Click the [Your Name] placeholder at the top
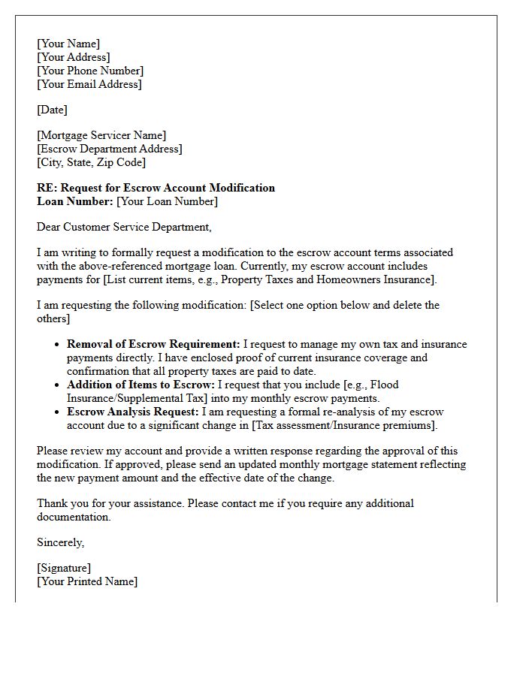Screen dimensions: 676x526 (x=68, y=44)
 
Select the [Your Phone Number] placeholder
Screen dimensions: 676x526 (x=90, y=71)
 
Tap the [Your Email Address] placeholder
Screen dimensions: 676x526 (x=89, y=84)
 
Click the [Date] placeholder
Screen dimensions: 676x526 (x=52, y=110)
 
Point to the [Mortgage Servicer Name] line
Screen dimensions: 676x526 (x=101, y=135)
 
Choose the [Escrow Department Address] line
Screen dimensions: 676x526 (x=109, y=149)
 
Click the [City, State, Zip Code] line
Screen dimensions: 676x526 (x=91, y=162)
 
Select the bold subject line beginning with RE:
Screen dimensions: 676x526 (x=156, y=188)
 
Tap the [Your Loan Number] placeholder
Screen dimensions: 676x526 (x=167, y=201)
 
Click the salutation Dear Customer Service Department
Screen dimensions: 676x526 (x=124, y=227)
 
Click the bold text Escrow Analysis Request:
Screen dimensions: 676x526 (x=133, y=412)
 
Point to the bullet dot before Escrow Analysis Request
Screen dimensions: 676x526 (x=58, y=412)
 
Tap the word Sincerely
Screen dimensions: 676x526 (x=61, y=542)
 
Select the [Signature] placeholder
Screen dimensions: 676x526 (x=64, y=568)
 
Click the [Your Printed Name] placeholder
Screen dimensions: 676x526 (x=87, y=581)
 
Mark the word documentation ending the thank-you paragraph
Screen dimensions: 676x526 (x=73, y=517)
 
